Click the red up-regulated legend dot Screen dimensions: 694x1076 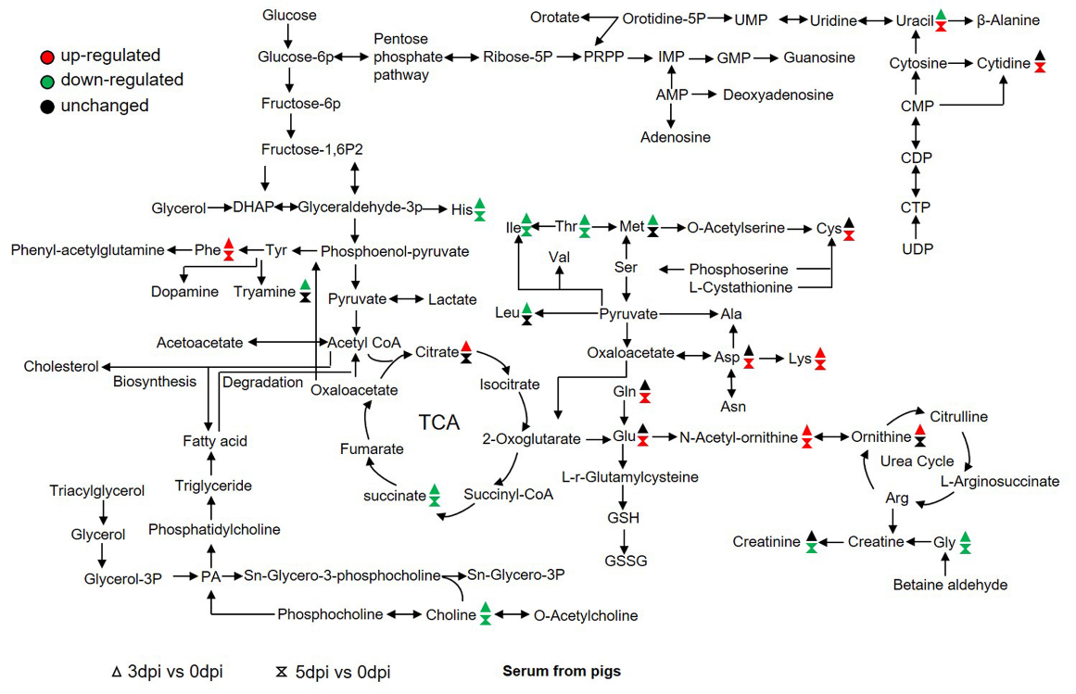(45, 56)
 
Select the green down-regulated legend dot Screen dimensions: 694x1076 (45, 81)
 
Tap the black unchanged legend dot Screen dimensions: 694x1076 (45, 106)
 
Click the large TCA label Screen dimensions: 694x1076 (439, 423)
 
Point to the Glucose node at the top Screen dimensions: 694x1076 (289, 15)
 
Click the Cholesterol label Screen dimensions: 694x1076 (61, 367)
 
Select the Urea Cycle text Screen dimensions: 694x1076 (917, 461)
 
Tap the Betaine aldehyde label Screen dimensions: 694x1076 (950, 585)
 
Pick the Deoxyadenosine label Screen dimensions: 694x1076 (778, 95)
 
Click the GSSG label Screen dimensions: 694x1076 (626, 561)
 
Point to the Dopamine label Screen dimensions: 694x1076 (185, 292)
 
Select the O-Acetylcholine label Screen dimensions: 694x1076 (585, 615)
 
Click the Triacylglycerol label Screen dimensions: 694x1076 (97, 490)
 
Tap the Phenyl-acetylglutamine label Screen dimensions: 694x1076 (88, 250)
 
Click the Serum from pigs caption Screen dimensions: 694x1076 (562, 670)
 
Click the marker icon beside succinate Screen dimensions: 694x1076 (434, 496)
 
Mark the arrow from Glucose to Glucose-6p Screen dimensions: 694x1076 (289, 35)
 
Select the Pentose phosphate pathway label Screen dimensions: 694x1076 (402, 57)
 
